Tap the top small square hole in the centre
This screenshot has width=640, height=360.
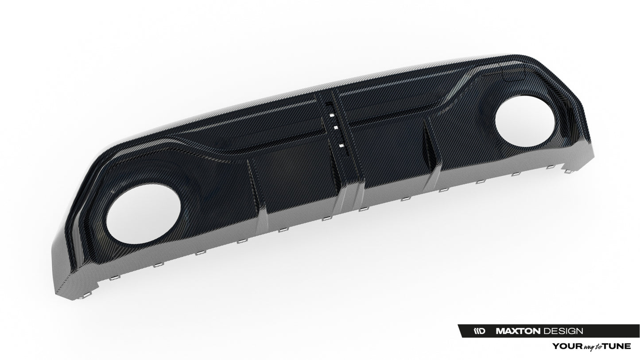pyautogui.click(x=330, y=115)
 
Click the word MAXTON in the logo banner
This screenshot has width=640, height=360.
pyautogui.click(x=517, y=331)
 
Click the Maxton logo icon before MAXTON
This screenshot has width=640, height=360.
pyautogui.click(x=479, y=331)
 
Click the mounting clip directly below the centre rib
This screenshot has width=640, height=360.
pyautogui.click(x=363, y=209)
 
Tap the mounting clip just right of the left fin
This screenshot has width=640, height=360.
pyautogui.click(x=281, y=230)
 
